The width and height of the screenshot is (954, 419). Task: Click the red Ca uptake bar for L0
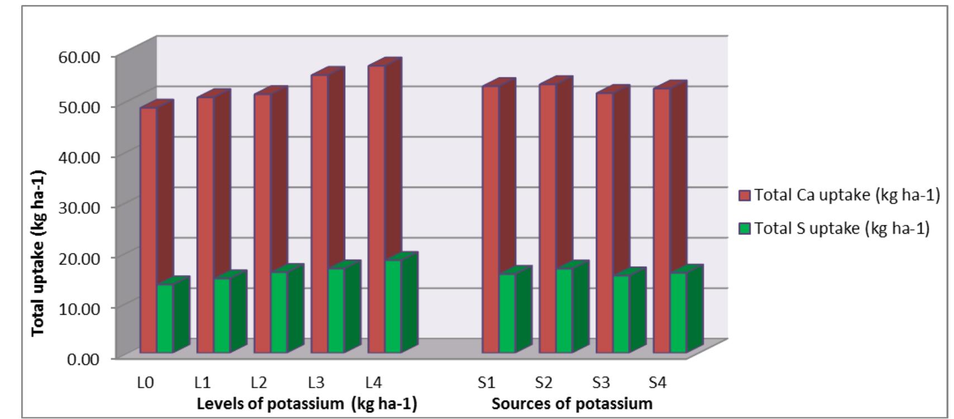(x=148, y=229)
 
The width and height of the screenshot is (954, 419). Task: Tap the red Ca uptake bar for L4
(x=376, y=206)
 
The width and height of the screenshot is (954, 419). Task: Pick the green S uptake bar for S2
(x=564, y=310)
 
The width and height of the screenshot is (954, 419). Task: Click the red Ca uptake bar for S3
(x=604, y=223)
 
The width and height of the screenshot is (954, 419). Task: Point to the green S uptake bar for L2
(x=279, y=312)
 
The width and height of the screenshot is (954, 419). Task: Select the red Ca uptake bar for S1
(x=490, y=218)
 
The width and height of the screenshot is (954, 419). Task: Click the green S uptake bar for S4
(x=678, y=312)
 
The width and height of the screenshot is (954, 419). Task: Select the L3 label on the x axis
(x=316, y=383)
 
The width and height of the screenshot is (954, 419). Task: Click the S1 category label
(x=486, y=383)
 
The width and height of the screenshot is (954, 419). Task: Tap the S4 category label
(x=658, y=383)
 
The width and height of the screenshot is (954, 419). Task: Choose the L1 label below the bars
(x=202, y=383)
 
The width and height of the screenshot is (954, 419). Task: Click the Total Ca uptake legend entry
(x=840, y=195)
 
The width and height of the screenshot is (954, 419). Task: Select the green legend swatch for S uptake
(x=745, y=229)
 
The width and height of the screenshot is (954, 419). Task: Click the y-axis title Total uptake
(x=38, y=253)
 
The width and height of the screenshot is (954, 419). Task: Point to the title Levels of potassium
(x=307, y=403)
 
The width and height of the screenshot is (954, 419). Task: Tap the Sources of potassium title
(x=572, y=403)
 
